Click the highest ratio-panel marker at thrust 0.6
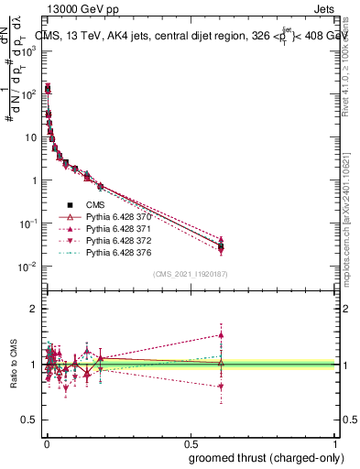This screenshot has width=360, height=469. pos(221,334)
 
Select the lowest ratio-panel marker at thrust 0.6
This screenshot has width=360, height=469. pos(221,387)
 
